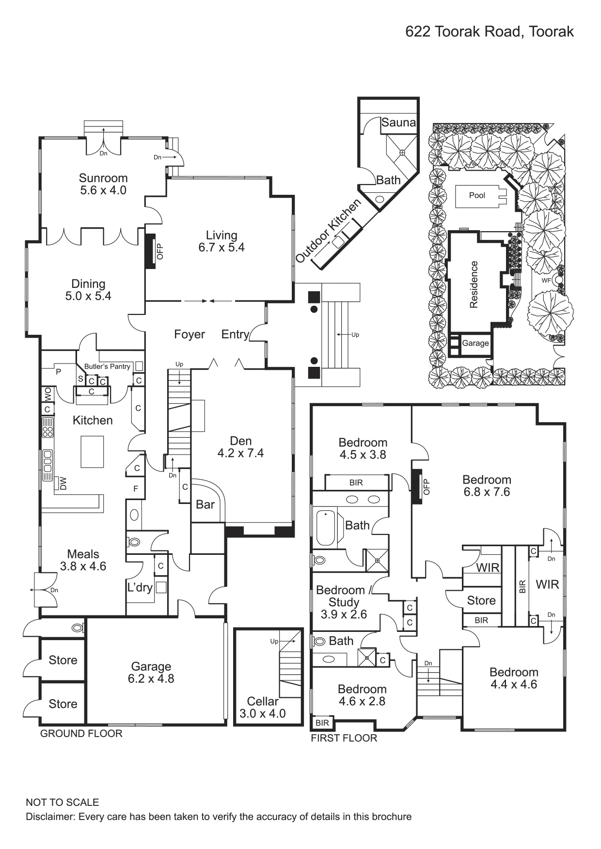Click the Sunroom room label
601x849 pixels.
pyautogui.click(x=103, y=178)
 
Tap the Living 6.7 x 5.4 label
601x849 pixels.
pyautogui.click(x=221, y=241)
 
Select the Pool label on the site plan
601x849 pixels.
pyautogui.click(x=477, y=195)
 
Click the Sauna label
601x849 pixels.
pyautogui.click(x=398, y=123)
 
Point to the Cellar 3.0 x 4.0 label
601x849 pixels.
pyautogui.click(x=262, y=707)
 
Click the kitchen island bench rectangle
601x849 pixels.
pyautogui.click(x=92, y=452)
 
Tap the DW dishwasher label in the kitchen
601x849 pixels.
pyautogui.click(x=63, y=483)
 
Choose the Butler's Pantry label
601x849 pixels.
pyautogui.click(x=107, y=366)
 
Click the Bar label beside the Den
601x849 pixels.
pyautogui.click(x=205, y=504)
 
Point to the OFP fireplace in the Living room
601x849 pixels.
pyautogui.click(x=151, y=251)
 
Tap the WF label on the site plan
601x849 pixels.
pyautogui.click(x=546, y=280)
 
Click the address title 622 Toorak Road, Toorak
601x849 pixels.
pyautogui.click(x=490, y=32)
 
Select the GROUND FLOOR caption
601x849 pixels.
pyautogui.click(x=81, y=734)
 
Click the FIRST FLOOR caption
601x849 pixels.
pyautogui.click(x=344, y=738)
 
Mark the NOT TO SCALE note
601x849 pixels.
pyautogui.click(x=62, y=802)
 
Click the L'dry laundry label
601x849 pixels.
pyautogui.click(x=140, y=587)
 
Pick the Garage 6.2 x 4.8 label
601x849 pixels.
pyautogui.click(x=151, y=673)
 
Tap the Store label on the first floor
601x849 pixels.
pyautogui.click(x=481, y=600)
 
